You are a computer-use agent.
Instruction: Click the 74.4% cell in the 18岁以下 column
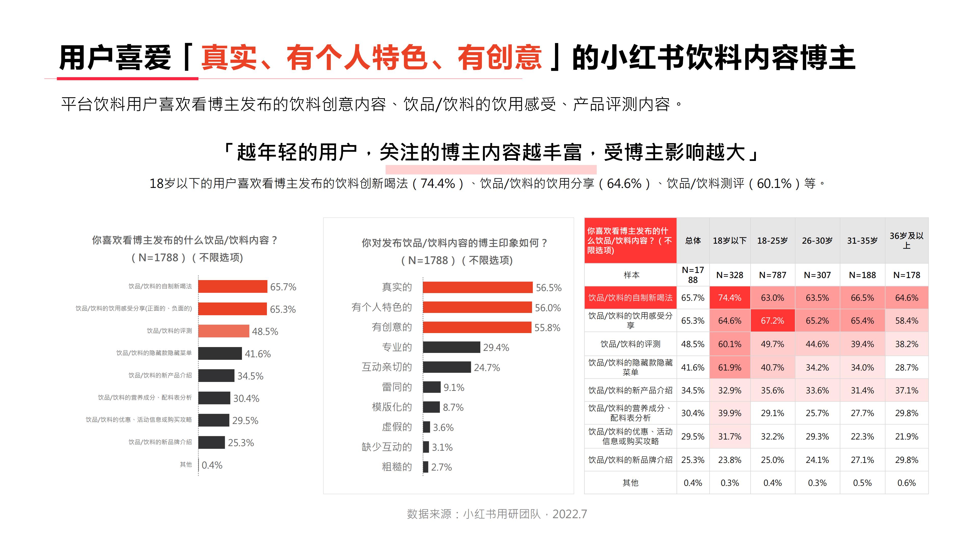729,298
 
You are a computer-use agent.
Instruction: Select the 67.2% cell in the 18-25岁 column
772,321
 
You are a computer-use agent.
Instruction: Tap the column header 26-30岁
817,241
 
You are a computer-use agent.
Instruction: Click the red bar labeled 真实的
477,287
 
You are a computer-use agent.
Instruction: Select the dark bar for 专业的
451,347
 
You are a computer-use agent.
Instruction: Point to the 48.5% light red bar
224,331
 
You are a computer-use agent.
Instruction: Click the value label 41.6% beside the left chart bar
257,354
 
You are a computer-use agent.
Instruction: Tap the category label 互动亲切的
387,367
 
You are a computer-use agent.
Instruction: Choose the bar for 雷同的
432,387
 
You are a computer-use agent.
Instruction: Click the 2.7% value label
441,467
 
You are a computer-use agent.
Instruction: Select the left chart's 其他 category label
186,465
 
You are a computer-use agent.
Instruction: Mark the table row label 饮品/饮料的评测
630,344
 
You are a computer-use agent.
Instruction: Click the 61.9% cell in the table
729,367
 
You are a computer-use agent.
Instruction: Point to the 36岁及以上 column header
906,241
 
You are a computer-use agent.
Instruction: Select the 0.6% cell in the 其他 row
906,483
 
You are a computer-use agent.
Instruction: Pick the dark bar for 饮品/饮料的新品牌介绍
211,443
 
